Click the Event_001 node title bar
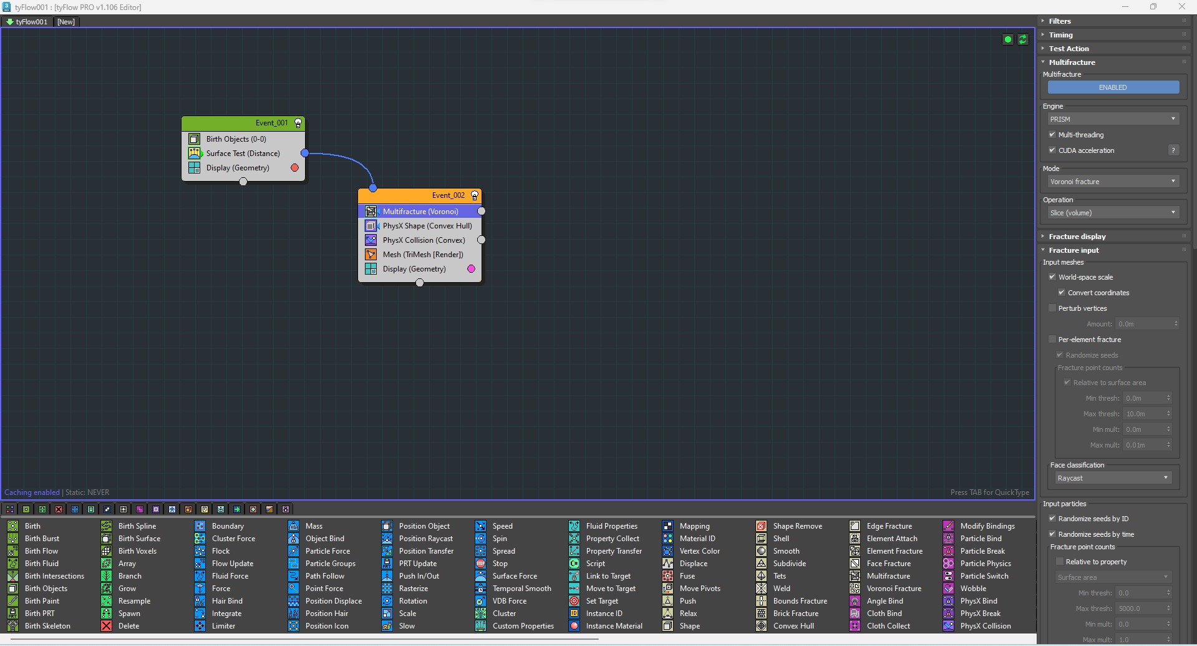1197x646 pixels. (243, 123)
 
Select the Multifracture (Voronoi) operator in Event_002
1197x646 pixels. (420, 212)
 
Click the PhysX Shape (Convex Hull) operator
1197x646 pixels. (427, 226)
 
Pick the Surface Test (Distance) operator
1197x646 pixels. (243, 154)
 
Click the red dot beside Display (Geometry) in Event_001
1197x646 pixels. (295, 168)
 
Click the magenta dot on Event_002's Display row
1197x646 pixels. (472, 269)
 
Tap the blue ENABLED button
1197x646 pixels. (1113, 87)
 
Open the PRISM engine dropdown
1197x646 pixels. (1113, 119)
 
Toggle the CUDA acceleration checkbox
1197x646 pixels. (1052, 150)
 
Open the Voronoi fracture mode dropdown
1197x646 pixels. (1113, 182)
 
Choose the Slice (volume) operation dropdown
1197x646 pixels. (1113, 213)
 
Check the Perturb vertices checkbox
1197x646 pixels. (1052, 308)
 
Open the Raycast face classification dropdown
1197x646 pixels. (1113, 478)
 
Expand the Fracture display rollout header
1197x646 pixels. (1077, 237)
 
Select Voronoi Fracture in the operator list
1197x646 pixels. (893, 589)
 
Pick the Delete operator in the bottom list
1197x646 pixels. (128, 626)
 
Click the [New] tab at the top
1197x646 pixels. (66, 22)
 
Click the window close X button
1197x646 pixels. (1181, 7)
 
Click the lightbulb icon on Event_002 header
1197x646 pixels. (475, 195)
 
